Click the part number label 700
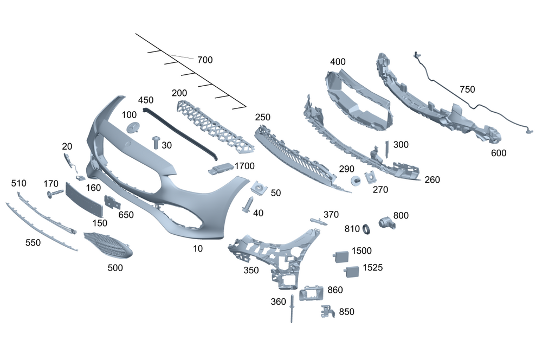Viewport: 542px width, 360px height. (205, 60)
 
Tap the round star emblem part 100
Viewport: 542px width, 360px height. (133, 127)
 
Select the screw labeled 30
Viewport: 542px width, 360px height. (155, 142)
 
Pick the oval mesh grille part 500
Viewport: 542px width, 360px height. (108, 246)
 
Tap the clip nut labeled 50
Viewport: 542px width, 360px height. (260, 189)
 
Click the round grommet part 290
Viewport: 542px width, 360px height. (356, 181)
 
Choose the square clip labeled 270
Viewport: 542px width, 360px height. (371, 177)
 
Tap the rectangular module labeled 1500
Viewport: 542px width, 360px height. (341, 255)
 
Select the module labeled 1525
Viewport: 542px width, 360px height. (351, 270)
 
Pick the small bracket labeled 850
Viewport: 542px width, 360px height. (327, 311)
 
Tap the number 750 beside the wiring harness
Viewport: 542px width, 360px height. (468, 89)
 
